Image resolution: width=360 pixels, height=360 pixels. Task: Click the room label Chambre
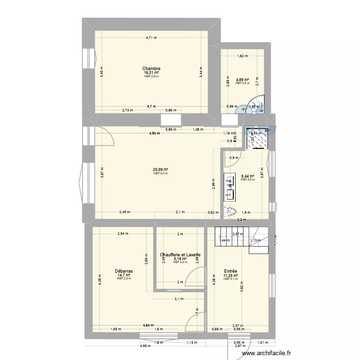coord(151,69)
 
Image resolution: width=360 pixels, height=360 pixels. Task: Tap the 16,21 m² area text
coord(151,73)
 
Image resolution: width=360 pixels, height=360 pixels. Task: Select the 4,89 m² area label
coord(242,80)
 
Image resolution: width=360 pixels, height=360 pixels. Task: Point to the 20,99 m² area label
coord(160,169)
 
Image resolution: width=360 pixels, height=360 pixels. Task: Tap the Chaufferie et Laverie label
coord(180,255)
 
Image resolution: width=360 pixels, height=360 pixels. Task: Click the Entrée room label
coord(230,271)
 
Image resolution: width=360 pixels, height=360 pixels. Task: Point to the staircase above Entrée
coord(240,238)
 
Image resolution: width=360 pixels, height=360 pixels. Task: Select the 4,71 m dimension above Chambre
coord(153,37)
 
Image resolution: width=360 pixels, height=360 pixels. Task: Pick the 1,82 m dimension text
coord(242,56)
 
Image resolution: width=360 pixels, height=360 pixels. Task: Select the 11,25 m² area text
coord(230,275)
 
